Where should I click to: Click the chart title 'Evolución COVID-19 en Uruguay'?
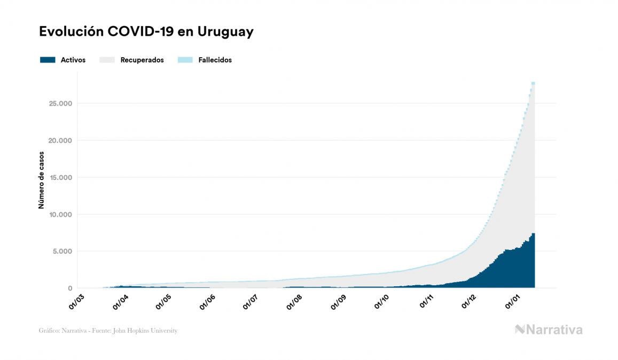point(146,32)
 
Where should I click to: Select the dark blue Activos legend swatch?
point(48,60)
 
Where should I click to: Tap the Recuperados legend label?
point(142,60)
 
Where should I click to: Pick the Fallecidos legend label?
point(215,60)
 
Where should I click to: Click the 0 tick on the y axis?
point(70,288)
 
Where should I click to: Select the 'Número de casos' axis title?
point(41,180)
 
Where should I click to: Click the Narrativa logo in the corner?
point(549,330)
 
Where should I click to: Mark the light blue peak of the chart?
point(533,83)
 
